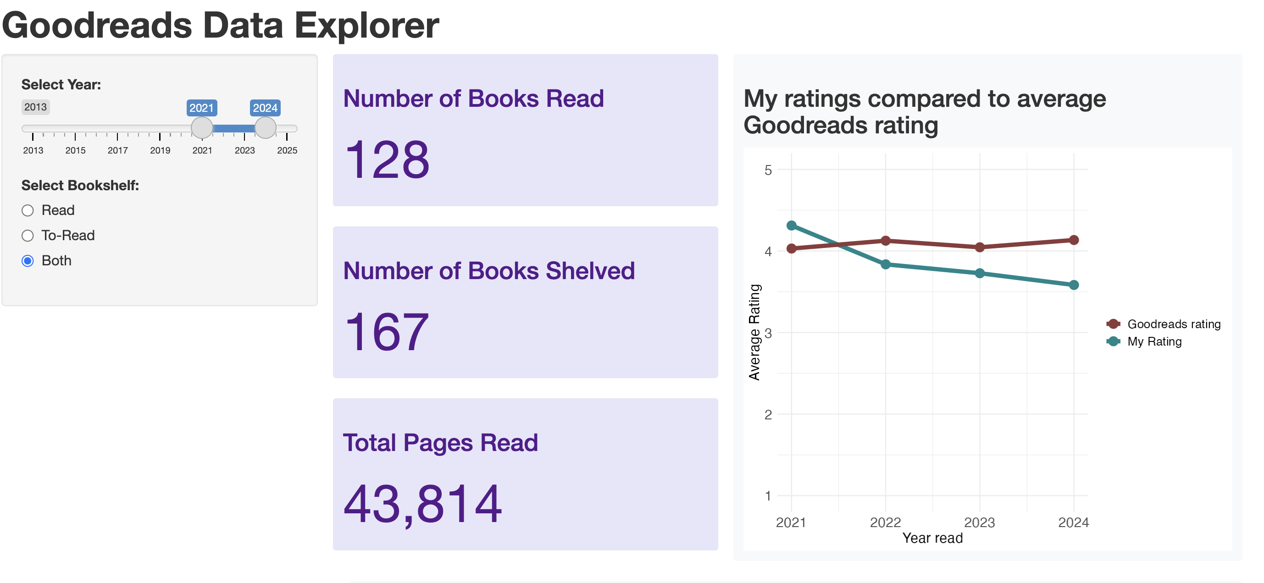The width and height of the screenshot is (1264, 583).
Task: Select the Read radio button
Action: (28, 210)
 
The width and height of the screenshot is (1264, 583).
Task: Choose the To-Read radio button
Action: (28, 236)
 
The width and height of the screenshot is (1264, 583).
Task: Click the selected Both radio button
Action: (28, 261)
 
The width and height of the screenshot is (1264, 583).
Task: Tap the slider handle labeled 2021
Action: (202, 128)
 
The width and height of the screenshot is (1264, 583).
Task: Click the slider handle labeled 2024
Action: (266, 128)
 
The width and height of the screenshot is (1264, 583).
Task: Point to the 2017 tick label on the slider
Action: (118, 150)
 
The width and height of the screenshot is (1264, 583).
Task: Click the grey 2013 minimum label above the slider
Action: (35, 107)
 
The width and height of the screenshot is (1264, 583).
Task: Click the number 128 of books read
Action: (387, 160)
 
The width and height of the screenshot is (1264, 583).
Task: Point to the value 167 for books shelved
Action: (387, 332)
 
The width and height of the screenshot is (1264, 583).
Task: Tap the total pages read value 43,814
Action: (422, 504)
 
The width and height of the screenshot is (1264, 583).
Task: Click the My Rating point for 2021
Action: (792, 225)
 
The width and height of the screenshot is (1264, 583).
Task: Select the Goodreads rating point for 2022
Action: (886, 241)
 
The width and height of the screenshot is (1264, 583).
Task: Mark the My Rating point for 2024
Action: (1074, 285)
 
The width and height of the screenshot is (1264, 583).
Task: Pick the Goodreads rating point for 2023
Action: (980, 247)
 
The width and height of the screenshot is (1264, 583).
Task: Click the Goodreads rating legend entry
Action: (1173, 324)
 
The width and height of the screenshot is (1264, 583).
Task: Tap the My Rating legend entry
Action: (1154, 342)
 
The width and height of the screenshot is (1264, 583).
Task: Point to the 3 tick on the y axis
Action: (768, 333)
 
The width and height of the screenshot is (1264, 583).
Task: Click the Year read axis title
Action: (932, 538)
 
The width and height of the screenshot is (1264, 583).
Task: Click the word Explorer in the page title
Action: (366, 26)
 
